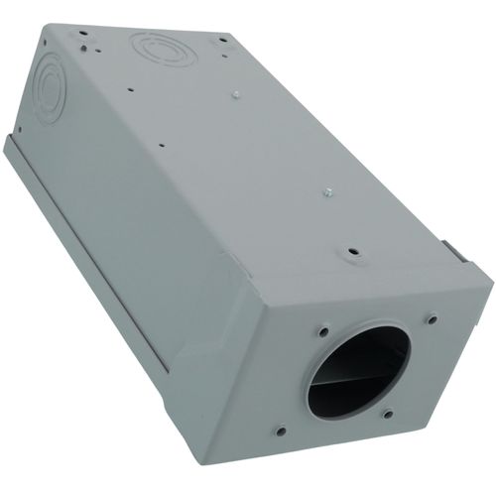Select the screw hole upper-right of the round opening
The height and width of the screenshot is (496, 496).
(x=432, y=319)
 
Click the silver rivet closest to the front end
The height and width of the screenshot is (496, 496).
(x=326, y=196)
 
